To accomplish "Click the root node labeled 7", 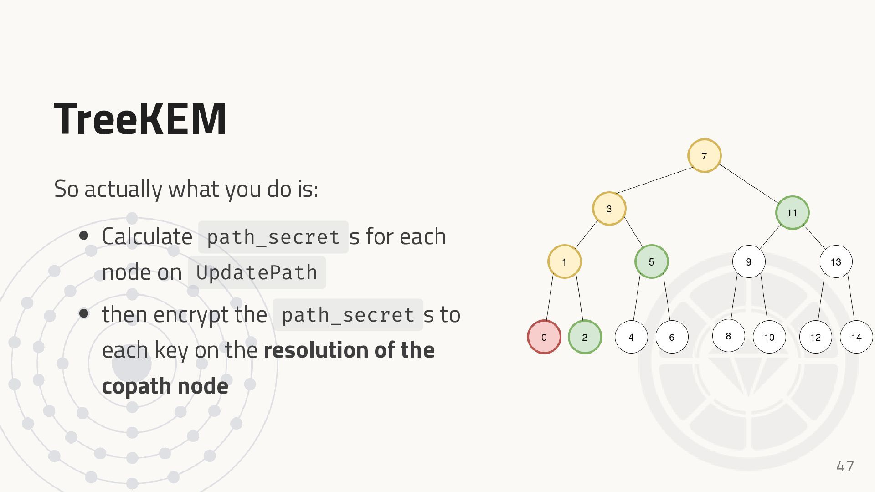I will pos(704,156).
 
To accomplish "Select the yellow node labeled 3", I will pos(609,209).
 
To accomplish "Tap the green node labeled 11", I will pos(792,213).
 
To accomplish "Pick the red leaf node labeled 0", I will pos(544,337).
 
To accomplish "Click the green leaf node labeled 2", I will pos(585,337).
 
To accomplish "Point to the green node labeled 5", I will pos(651,261).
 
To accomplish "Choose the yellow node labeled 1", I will pos(564,261).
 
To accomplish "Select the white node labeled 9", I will pos(748,261).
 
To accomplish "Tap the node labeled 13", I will pos(836,261).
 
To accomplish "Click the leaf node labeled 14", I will pos(856,337).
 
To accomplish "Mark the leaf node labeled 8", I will pos(728,336).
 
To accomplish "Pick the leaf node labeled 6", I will pos(671,337).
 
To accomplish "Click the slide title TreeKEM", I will pos(140,119).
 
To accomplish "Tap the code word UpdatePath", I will pos(257,273).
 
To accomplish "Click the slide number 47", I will pos(845,466).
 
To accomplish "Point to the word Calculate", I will pos(147,236).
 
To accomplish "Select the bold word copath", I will pos(136,386).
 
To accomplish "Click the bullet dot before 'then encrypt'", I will pos(84,313).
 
